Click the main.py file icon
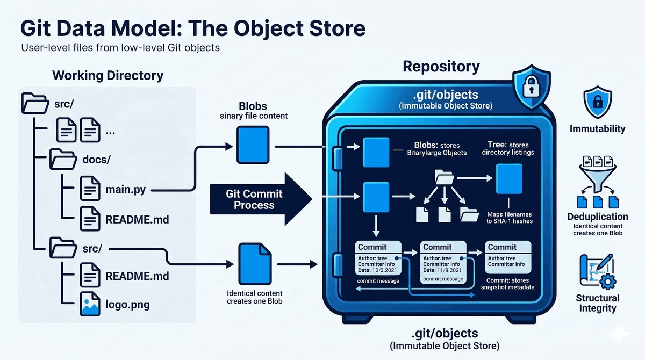[90, 189]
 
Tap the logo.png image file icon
[90, 304]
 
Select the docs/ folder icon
[63, 159]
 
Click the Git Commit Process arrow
[261, 199]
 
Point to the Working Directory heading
[107, 75]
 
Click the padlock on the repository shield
[532, 87]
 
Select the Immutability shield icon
[598, 102]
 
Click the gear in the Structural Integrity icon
[607, 281]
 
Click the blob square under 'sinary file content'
[253, 145]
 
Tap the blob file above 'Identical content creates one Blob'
[255, 264]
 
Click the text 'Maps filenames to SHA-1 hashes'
[510, 218]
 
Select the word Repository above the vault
[441, 67]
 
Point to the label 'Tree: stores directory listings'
[508, 148]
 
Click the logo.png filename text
[127, 305]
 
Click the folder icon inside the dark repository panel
[445, 177]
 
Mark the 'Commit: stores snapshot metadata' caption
[507, 284]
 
